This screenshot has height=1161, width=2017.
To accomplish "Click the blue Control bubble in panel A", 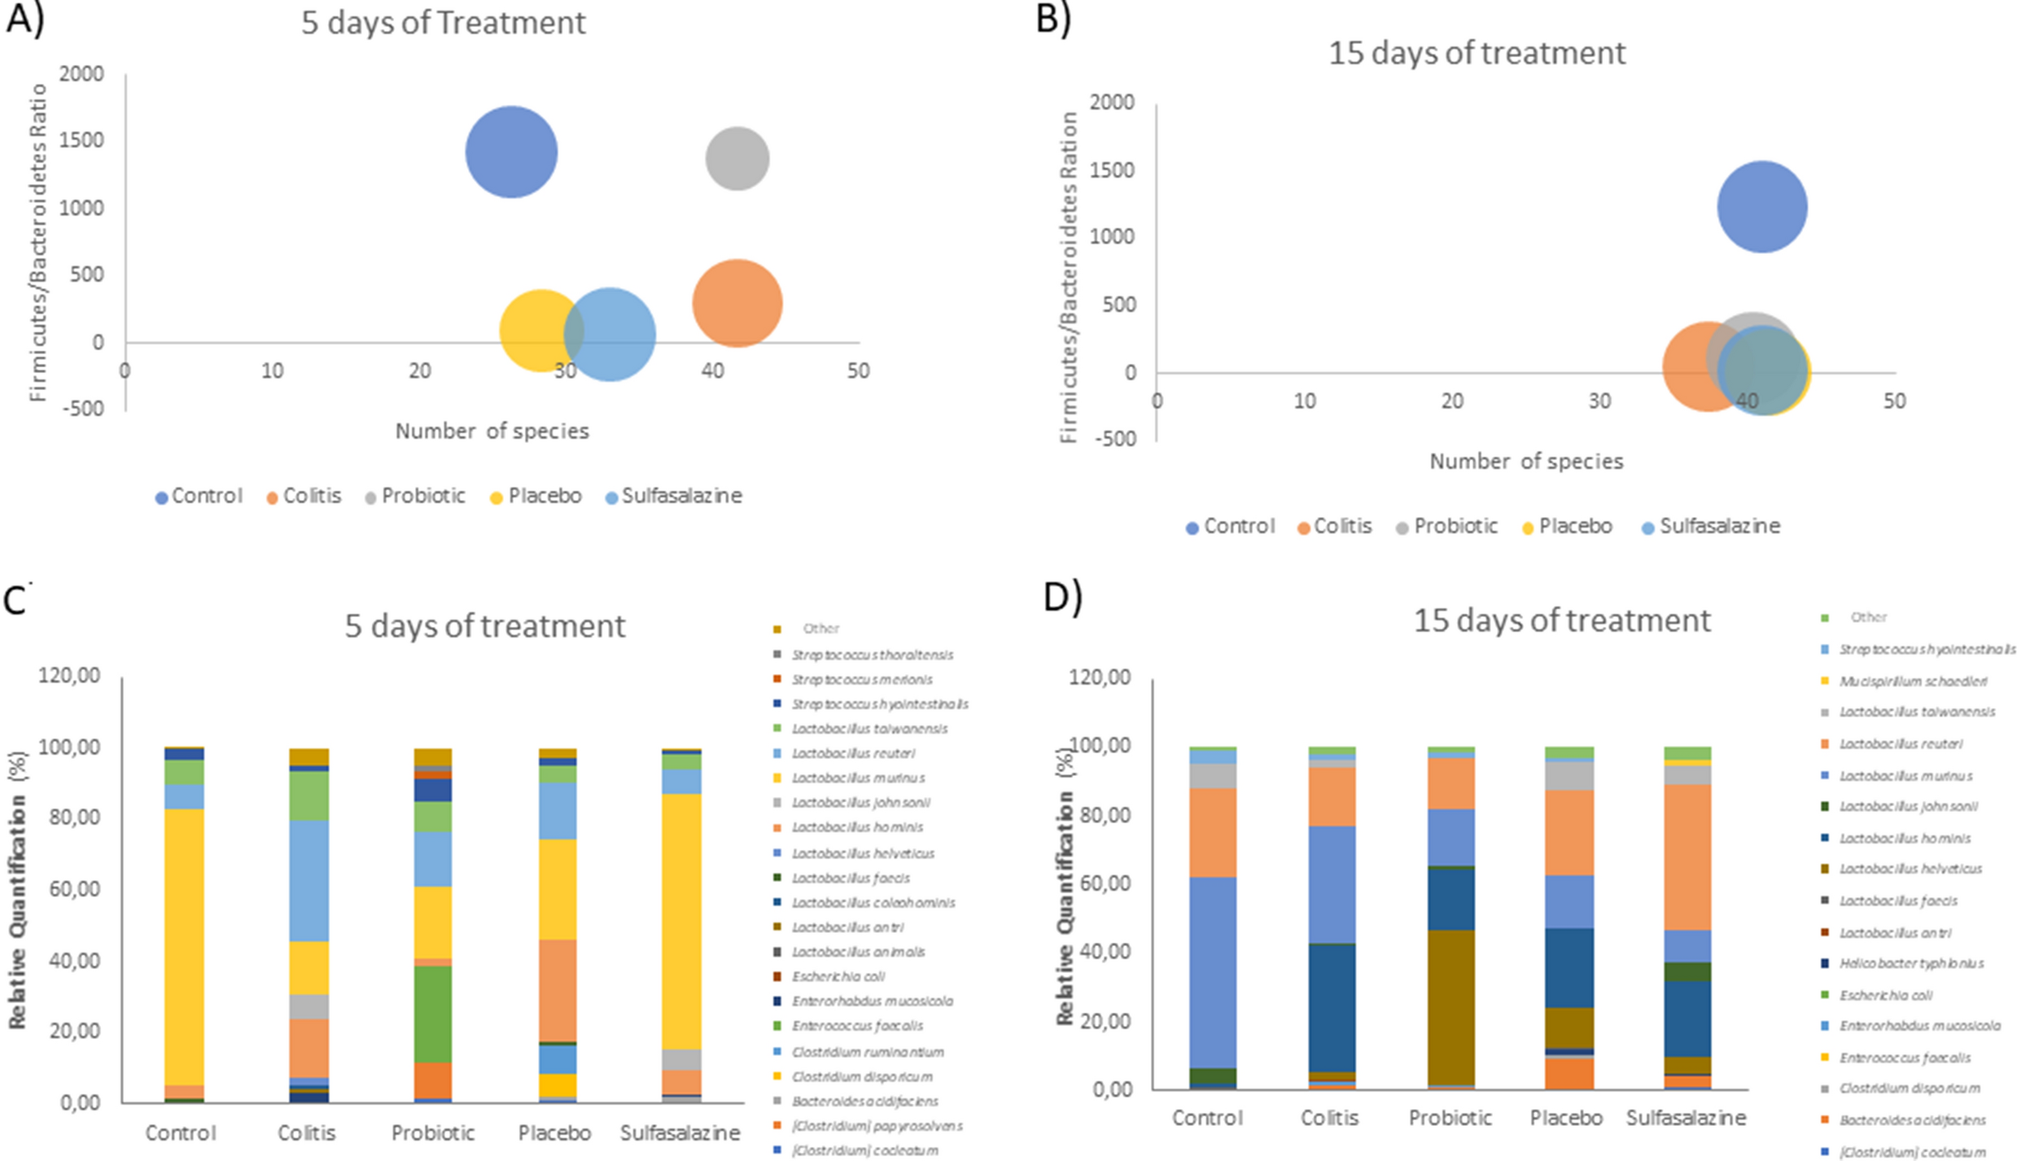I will [x=511, y=151].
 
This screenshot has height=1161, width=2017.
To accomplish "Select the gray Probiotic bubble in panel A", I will [x=737, y=158].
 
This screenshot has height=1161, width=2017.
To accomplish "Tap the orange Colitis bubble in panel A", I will [x=737, y=303].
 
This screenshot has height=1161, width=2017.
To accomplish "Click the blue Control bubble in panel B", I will [x=1761, y=207].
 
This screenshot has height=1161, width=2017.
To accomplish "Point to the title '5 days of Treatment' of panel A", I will [x=443, y=23].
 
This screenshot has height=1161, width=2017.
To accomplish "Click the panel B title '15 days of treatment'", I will [x=1477, y=53].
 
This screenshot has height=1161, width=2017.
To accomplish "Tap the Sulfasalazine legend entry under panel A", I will [x=680, y=496].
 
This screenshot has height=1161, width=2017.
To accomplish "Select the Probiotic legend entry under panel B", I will [x=1455, y=526].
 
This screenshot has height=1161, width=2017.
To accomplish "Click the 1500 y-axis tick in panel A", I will [x=83, y=140].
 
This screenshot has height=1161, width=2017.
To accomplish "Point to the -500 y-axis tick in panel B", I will [x=1114, y=438].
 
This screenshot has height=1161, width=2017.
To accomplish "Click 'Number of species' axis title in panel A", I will [x=492, y=431].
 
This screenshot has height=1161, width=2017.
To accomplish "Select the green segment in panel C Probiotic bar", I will [x=432, y=1014].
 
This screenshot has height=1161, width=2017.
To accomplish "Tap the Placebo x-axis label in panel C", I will [x=555, y=1133].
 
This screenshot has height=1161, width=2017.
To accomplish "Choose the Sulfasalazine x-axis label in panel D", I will [x=1686, y=1118].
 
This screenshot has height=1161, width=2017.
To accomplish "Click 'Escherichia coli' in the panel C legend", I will [x=838, y=976].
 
